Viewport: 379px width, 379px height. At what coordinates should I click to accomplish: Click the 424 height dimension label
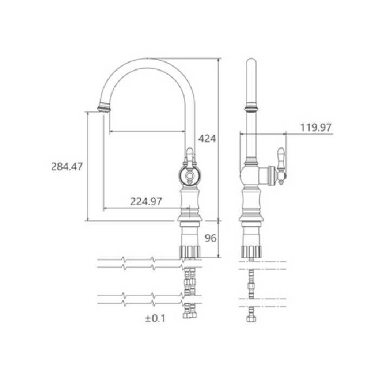(207, 139)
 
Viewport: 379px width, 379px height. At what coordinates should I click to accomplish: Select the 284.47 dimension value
(67, 167)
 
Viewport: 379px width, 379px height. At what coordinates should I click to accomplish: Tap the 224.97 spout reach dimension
(146, 201)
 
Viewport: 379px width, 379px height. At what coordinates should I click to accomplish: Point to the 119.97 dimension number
(316, 127)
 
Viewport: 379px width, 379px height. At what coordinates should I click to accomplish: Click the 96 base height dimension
(211, 238)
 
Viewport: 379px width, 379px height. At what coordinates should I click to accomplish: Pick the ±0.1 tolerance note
(155, 318)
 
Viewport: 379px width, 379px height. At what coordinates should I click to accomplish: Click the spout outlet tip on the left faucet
(104, 108)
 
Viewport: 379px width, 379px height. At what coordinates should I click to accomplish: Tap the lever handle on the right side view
(281, 166)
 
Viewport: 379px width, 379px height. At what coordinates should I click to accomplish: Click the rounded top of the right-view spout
(251, 61)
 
